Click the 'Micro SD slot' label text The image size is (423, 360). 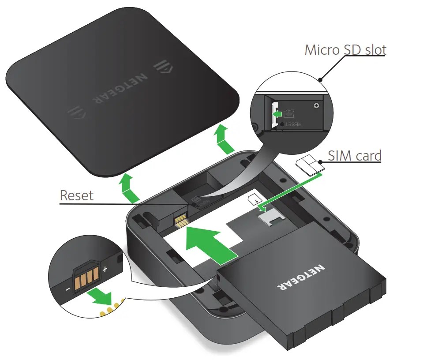[345, 50]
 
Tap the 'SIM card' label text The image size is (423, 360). [355, 155]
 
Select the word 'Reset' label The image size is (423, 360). [77, 195]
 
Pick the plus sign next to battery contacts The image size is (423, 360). [105, 269]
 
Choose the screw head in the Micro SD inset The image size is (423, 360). [316, 106]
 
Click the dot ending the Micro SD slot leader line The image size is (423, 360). [321, 80]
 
